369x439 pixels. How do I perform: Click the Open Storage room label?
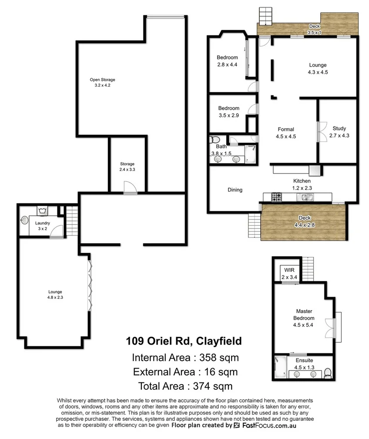(x=102, y=83)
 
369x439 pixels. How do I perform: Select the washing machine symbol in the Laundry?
(x=42, y=211)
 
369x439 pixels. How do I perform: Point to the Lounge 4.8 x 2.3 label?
(x=55, y=295)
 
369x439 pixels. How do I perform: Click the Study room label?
(x=339, y=131)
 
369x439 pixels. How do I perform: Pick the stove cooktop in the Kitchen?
(x=277, y=198)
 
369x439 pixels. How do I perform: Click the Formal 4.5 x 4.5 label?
(x=285, y=132)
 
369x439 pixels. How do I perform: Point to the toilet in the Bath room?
(x=214, y=140)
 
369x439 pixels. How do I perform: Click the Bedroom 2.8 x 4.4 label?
(x=227, y=61)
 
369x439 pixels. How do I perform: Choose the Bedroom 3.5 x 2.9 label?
(x=228, y=111)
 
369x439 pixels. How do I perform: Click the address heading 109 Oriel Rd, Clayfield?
(x=184, y=340)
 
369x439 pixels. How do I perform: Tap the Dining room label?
(x=235, y=190)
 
